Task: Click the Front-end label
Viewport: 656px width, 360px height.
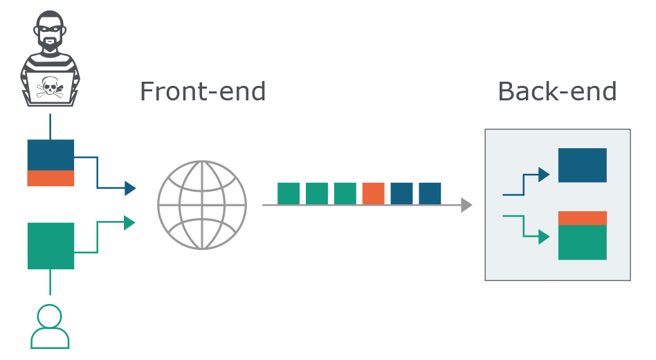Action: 203,91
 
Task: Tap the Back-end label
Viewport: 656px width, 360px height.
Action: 557,91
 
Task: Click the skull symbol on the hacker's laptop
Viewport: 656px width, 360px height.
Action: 50,87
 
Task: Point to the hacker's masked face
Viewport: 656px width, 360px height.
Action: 50,31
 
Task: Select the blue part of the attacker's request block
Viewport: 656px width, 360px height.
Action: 51,155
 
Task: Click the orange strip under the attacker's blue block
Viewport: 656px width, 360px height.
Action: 51,178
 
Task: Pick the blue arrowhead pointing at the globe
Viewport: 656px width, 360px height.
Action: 130,188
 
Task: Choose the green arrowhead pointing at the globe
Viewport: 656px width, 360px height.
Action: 129,223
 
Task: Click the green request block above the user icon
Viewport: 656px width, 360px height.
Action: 51,246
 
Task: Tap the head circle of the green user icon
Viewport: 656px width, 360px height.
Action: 49,316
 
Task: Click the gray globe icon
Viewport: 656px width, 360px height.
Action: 202,205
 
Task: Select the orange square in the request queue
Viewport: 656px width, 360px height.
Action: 373,193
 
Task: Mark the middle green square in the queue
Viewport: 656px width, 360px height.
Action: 317,193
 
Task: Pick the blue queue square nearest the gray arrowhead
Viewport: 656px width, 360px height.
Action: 430,193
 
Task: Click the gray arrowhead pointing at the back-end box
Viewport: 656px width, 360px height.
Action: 466,205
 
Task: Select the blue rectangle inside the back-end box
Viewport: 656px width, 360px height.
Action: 583,165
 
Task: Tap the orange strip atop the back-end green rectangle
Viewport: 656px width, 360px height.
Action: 583,218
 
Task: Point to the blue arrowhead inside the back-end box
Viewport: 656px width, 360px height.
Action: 544,174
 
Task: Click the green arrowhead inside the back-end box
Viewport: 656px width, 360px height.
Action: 544,237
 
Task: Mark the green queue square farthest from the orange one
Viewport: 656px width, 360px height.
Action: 289,193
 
